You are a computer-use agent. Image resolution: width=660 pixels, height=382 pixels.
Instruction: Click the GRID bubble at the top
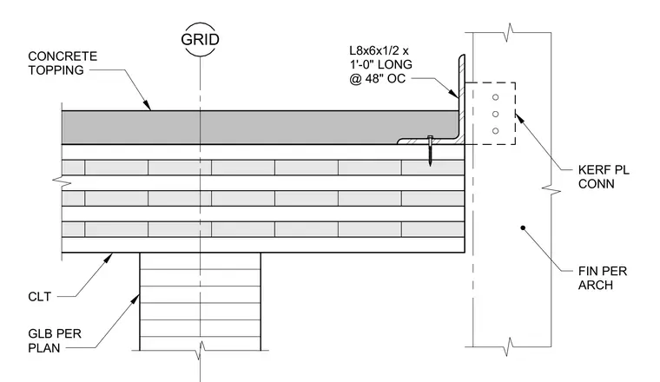pos(200,39)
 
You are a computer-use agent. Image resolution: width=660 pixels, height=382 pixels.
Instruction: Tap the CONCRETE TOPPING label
pos(63,63)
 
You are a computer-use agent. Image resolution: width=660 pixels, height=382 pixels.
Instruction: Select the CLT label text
pos(40,297)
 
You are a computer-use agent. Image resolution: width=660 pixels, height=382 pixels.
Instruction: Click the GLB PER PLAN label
pos(55,341)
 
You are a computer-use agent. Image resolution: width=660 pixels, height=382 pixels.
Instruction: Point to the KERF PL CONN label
pos(604,177)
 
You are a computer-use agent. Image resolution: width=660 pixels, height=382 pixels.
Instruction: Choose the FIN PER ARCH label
pos(603,278)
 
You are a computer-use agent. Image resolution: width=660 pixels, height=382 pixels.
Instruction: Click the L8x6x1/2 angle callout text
pos(380,65)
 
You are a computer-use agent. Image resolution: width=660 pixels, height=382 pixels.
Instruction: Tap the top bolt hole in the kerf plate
pos(495,97)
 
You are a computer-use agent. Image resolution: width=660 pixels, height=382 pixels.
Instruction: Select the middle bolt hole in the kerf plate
pos(495,114)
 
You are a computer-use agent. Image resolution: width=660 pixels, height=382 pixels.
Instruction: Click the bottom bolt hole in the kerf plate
pos(495,131)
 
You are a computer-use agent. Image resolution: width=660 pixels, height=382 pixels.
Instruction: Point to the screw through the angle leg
pos(430,150)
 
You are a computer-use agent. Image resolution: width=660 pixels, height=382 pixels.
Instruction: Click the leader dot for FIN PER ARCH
pos(523,227)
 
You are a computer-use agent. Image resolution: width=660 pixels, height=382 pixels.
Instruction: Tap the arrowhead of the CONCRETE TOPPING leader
pos(147,105)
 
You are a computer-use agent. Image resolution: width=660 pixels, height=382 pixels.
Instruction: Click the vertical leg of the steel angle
pos(462,99)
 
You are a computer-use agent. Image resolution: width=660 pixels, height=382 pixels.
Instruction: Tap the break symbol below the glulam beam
pos(201,350)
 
